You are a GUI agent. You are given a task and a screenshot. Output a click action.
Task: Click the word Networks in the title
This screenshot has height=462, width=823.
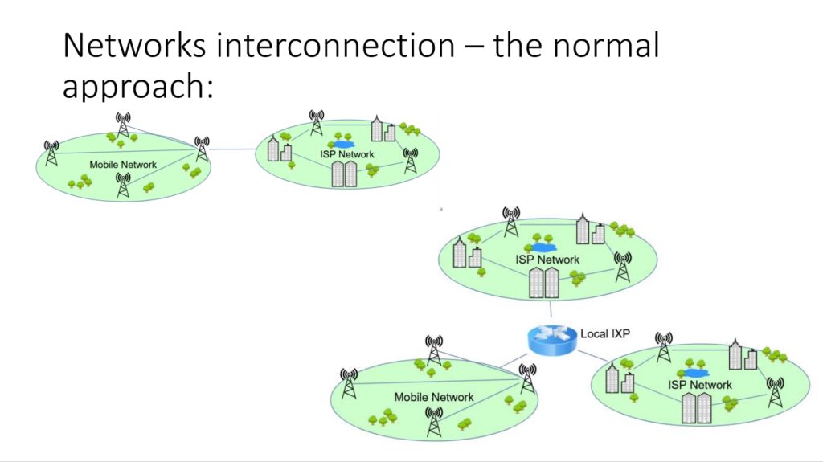[134, 45]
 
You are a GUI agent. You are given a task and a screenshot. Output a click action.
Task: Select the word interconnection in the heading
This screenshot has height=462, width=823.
[335, 45]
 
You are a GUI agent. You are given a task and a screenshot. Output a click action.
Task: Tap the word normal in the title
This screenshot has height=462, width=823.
[606, 45]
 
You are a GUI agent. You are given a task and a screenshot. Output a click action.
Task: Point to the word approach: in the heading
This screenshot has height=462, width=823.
[138, 87]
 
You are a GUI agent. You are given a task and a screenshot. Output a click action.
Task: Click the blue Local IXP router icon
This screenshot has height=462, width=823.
[551, 340]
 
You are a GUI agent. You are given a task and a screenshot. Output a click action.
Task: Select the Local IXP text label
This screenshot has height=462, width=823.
[604, 334]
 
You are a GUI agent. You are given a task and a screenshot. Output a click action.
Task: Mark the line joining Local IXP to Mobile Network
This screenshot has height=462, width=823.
[514, 360]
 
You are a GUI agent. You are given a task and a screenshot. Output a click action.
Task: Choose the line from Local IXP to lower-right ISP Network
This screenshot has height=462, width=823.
[592, 355]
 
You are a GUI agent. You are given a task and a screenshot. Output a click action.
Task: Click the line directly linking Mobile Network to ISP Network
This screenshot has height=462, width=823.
[232, 149]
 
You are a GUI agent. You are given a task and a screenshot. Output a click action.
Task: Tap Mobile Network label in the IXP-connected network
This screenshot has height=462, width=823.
[433, 398]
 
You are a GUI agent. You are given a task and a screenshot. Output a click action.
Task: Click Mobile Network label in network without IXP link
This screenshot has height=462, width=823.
[123, 165]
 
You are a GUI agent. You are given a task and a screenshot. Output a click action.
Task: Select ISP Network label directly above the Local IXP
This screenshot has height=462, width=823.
[547, 260]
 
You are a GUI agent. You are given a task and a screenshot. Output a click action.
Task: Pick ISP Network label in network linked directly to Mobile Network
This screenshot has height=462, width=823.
[347, 154]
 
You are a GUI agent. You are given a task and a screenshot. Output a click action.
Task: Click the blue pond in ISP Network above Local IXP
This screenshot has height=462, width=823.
[540, 247]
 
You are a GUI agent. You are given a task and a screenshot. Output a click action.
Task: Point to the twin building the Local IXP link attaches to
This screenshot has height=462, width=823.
[544, 283]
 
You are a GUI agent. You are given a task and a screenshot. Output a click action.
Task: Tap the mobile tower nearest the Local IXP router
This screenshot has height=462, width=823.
[527, 378]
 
